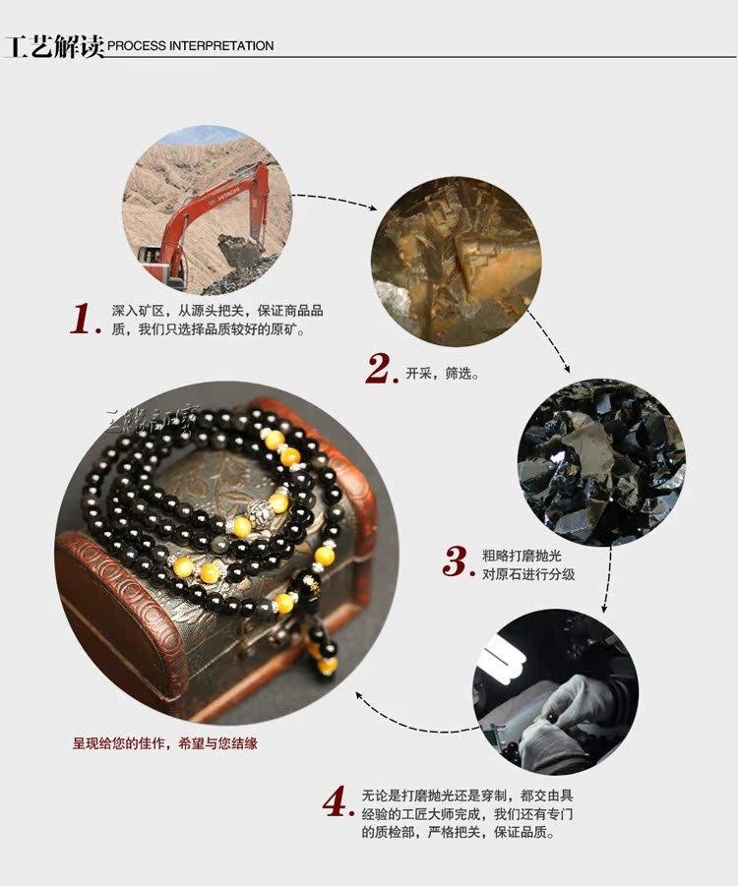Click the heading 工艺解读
pyautogui.click(x=55, y=46)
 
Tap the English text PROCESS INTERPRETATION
pyautogui.click(x=191, y=46)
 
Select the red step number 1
pyautogui.click(x=85, y=319)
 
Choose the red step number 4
pyautogui.click(x=338, y=800)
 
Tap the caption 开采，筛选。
pyautogui.click(x=443, y=374)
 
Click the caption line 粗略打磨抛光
pyautogui.click(x=522, y=556)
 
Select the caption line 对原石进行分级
pyautogui.click(x=528, y=574)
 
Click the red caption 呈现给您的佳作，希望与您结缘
pyautogui.click(x=164, y=743)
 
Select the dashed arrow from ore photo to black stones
pyautogui.click(x=551, y=339)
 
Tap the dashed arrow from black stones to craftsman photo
pyautogui.click(x=607, y=579)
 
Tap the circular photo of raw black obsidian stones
pyautogui.click(x=601, y=462)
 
